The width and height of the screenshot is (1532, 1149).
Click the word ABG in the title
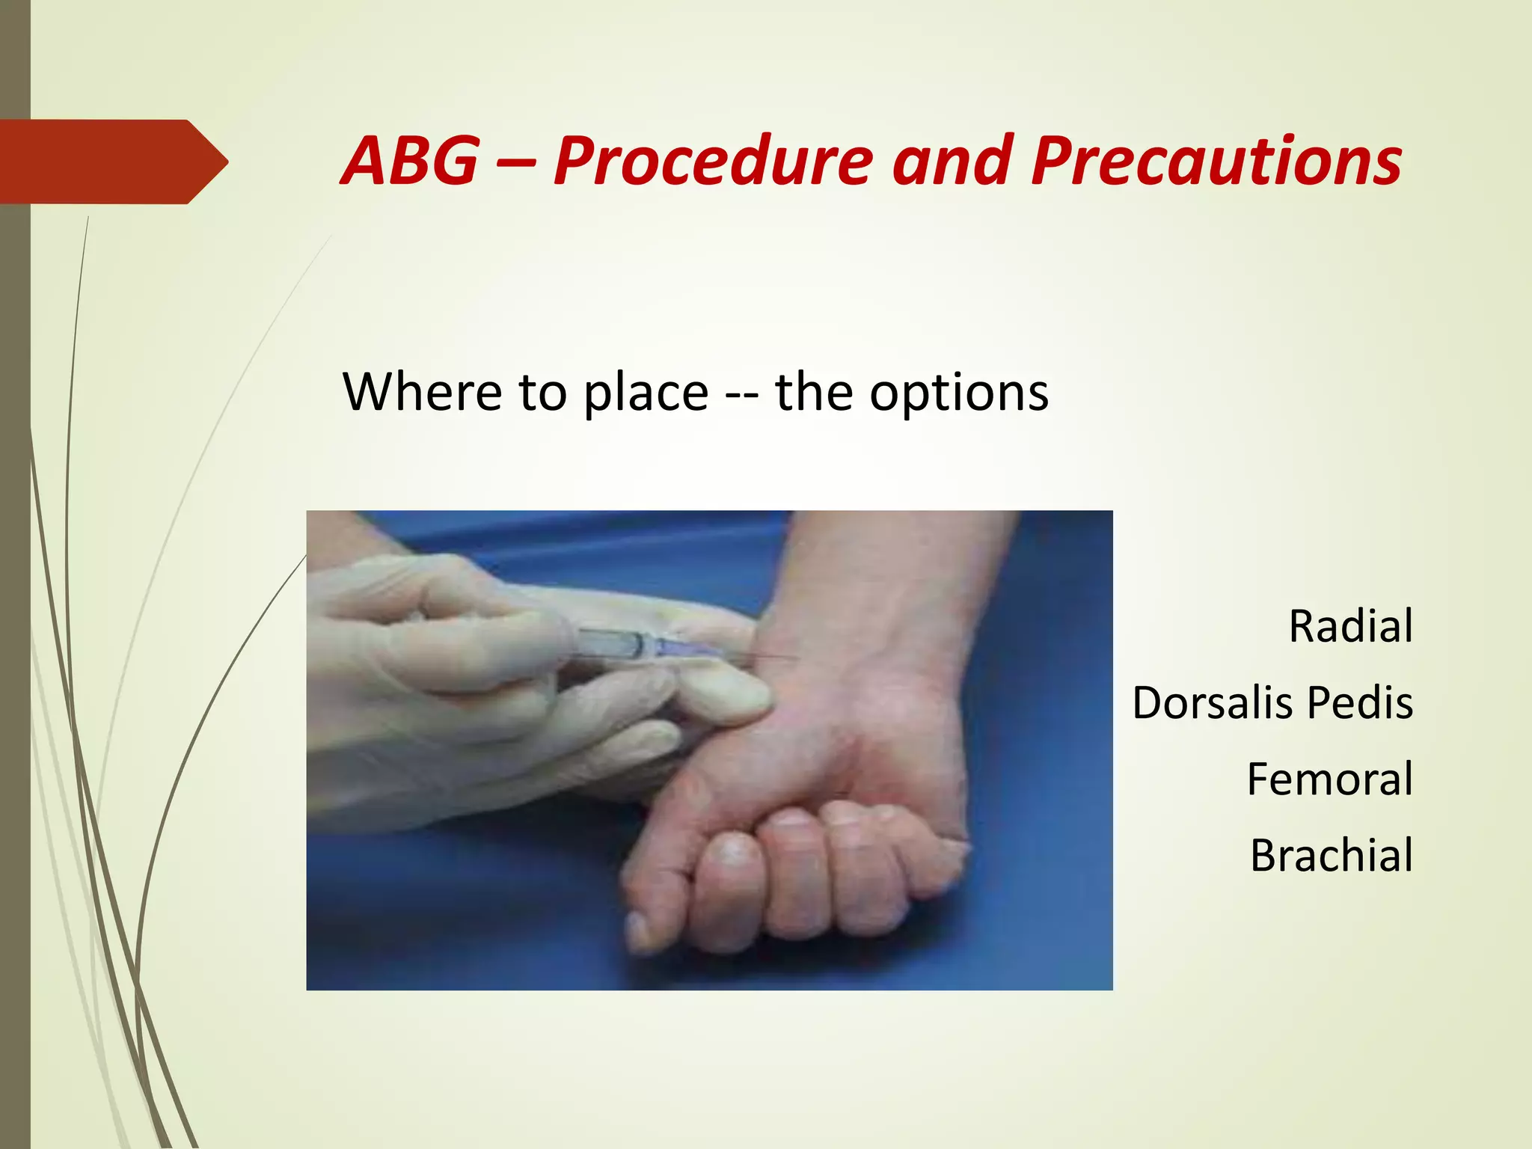pyautogui.click(x=410, y=161)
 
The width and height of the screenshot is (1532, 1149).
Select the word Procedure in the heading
pyautogui.click(x=713, y=161)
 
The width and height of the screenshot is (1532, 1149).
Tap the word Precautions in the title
pyautogui.click(x=1216, y=161)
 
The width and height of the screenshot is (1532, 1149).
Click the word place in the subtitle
pyautogui.click(x=645, y=393)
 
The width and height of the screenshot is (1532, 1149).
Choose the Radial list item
pyautogui.click(x=1350, y=626)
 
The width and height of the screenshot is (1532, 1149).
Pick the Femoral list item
pyautogui.click(x=1329, y=779)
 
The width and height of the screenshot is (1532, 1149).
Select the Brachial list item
pyautogui.click(x=1331, y=856)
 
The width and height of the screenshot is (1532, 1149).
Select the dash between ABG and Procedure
pyautogui.click(x=515, y=162)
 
